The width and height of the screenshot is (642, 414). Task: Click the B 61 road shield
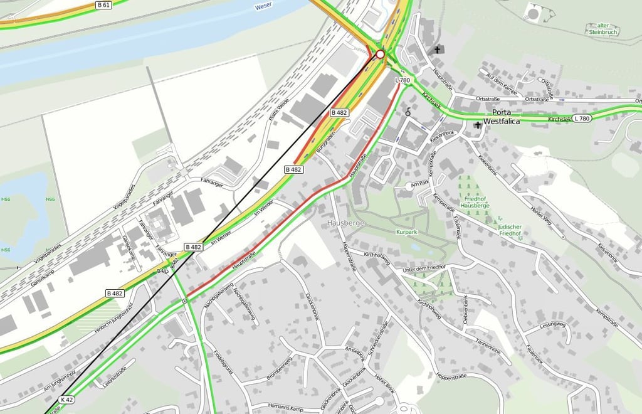tap(104, 5)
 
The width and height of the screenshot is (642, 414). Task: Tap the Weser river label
tap(263, 7)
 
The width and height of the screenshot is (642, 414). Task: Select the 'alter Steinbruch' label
tap(604, 29)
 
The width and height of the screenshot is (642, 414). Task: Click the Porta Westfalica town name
tap(502, 117)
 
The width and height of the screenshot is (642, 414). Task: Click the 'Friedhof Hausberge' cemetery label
tap(473, 201)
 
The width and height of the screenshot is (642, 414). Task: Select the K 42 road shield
tap(66, 400)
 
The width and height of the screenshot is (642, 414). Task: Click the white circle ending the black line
tap(380, 55)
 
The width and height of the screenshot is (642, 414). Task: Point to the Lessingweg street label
tap(552, 326)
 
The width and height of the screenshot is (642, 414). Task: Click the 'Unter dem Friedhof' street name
tap(424, 268)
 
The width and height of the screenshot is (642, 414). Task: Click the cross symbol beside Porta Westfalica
tap(478, 125)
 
